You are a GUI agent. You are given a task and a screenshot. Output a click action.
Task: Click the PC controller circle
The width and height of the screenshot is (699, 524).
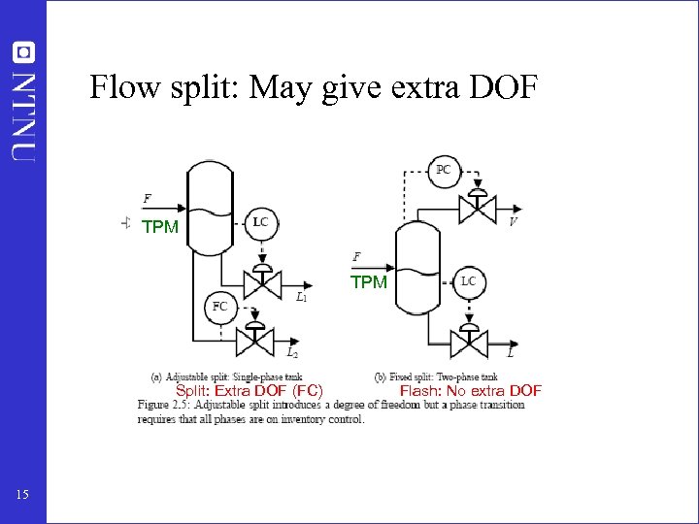[x=443, y=170]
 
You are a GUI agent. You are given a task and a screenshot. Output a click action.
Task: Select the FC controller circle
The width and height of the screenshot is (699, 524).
[x=220, y=307]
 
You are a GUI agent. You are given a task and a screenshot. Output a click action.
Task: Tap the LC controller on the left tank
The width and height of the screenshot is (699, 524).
[x=260, y=222]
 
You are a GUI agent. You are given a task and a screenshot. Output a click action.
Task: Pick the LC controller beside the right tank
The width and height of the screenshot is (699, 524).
[x=468, y=281]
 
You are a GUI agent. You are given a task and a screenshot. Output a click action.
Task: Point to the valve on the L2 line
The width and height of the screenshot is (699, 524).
[x=254, y=336]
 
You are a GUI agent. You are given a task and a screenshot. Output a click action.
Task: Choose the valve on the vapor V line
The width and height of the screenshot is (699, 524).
[x=478, y=208]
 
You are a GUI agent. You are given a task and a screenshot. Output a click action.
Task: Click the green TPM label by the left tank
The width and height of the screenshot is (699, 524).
[x=160, y=228]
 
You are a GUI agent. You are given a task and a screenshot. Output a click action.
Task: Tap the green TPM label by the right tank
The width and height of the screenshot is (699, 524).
[x=369, y=282]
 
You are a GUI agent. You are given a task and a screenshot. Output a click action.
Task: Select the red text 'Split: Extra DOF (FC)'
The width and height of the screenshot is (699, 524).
[x=249, y=391]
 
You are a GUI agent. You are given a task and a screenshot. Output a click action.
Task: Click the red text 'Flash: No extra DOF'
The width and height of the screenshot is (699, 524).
[x=471, y=391]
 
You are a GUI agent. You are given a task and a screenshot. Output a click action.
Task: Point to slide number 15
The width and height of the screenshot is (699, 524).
[x=23, y=496]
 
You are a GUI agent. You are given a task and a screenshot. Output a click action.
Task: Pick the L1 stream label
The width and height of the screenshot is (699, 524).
[x=302, y=297]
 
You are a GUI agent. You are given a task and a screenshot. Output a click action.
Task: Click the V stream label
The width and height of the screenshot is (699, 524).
[x=513, y=221]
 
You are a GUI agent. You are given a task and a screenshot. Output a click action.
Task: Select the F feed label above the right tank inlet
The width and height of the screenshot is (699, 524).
[x=357, y=257]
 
